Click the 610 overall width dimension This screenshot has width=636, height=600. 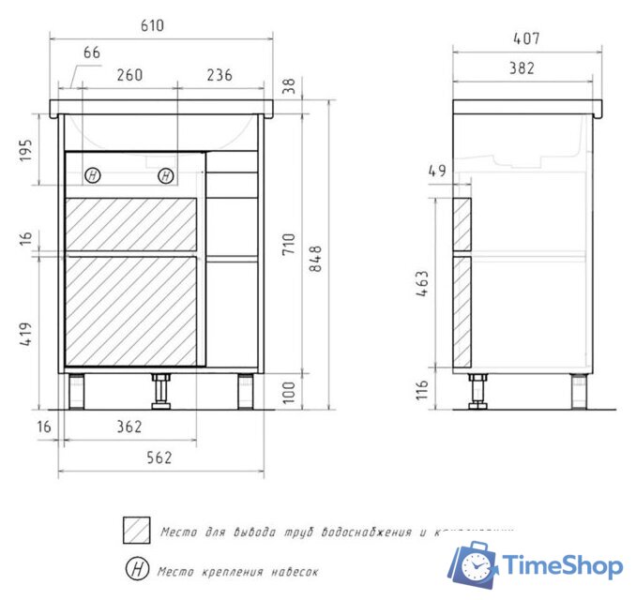[151, 26]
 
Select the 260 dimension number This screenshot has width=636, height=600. [129, 77]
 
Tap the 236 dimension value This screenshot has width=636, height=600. [220, 77]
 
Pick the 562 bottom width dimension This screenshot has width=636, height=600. [160, 457]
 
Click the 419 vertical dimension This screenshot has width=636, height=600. [25, 335]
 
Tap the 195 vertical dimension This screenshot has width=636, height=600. [25, 150]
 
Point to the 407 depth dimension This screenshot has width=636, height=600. [524, 39]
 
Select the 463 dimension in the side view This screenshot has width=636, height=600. [422, 284]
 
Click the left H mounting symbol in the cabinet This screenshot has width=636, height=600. [92, 174]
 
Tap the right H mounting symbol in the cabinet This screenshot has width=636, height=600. [165, 174]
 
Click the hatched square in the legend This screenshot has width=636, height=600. [137, 530]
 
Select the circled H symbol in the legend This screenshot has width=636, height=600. [137, 569]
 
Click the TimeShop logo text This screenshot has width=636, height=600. [561, 565]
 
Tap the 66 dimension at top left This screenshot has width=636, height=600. [92, 53]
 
